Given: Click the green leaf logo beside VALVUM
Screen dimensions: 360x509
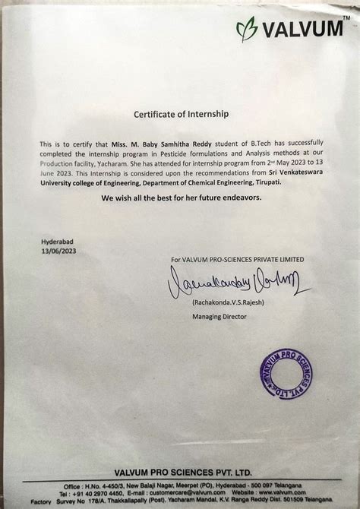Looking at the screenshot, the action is pos(247,30).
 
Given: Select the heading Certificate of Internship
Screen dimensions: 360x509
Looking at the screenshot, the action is pos(180,115).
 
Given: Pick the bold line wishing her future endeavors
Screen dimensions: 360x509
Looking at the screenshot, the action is pos(180,197).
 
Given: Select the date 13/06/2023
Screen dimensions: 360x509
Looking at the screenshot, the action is pos(59,251).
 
